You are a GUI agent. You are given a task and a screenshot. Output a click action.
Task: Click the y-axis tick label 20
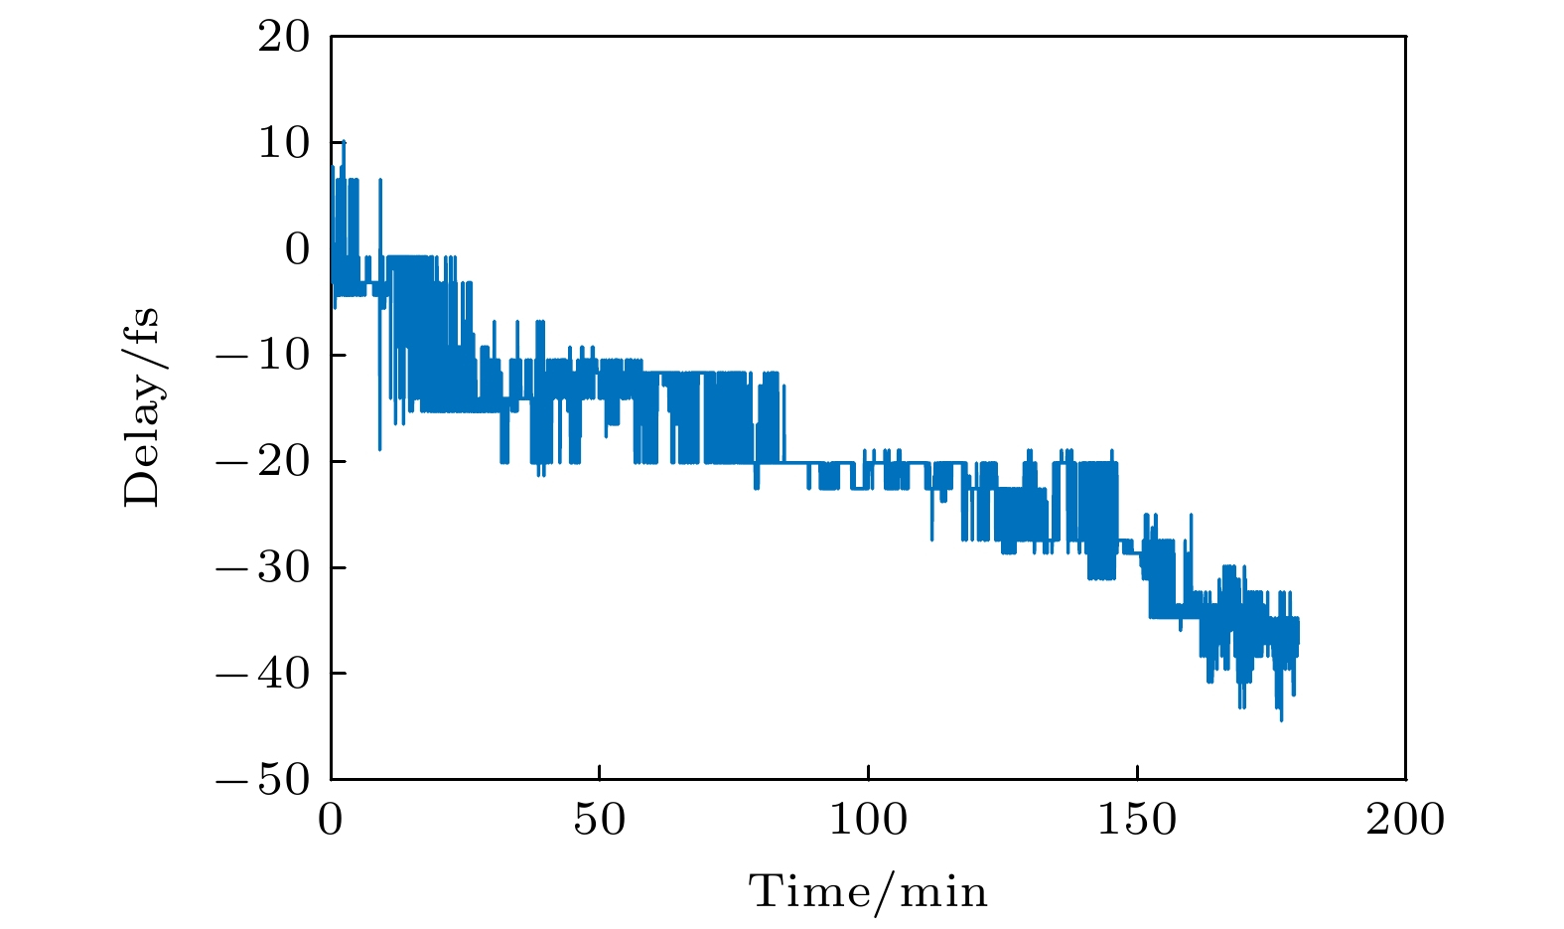click(x=284, y=38)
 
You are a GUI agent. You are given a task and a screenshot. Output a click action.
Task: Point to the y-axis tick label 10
click(x=284, y=144)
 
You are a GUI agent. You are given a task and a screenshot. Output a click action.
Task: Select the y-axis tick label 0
click(x=297, y=249)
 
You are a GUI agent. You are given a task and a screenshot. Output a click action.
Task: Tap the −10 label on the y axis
click(x=263, y=356)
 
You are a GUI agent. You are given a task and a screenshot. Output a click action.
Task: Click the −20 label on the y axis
click(x=263, y=462)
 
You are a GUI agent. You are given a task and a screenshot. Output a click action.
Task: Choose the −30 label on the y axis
click(x=263, y=567)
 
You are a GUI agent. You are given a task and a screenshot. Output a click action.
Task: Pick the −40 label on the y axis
click(x=263, y=674)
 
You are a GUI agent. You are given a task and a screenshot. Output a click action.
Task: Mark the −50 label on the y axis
click(x=263, y=780)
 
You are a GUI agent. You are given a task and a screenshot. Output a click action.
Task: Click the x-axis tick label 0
click(x=331, y=820)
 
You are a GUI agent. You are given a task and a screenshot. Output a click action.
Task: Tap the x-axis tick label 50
click(x=600, y=820)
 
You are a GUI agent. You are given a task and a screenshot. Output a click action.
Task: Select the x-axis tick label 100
click(x=868, y=820)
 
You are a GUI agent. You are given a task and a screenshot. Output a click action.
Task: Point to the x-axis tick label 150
click(x=1137, y=820)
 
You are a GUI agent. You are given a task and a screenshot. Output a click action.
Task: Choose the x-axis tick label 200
click(x=1405, y=820)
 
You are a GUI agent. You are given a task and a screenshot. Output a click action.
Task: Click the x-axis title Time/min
click(x=869, y=891)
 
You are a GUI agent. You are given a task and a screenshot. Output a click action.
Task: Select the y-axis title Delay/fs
click(x=141, y=407)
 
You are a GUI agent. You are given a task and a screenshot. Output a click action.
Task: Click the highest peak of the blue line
click(x=344, y=141)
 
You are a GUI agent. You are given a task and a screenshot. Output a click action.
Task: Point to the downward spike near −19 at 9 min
click(x=379, y=449)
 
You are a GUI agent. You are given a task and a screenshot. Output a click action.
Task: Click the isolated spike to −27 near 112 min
click(x=931, y=540)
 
